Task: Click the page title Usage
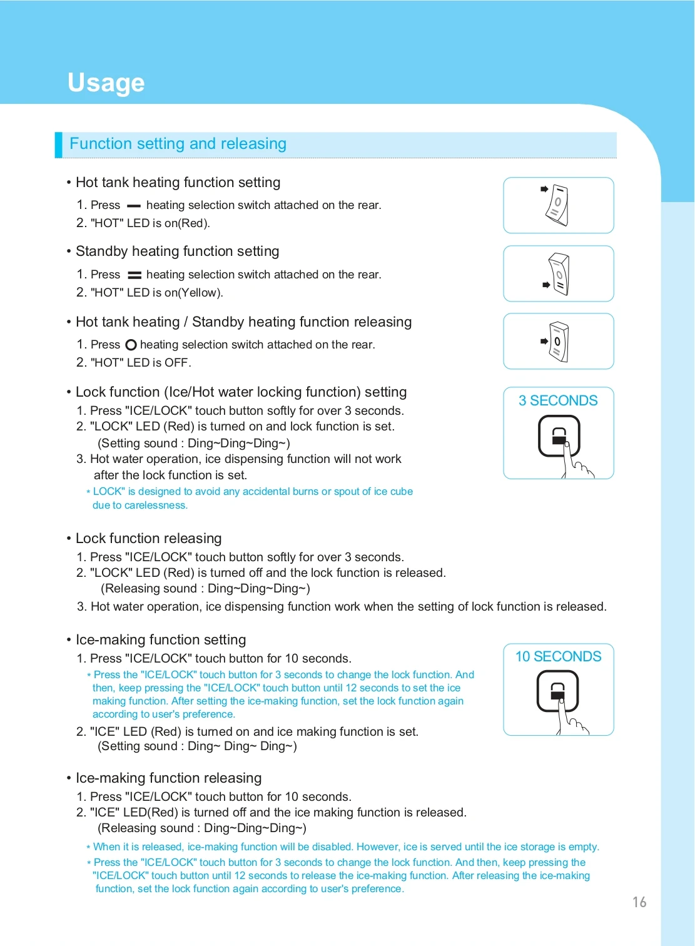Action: (x=106, y=83)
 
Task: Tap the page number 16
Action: (x=639, y=902)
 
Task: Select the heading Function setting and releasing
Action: (x=178, y=144)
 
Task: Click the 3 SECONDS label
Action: (x=558, y=400)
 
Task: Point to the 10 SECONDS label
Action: (x=558, y=656)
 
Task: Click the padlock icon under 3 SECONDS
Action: (x=559, y=436)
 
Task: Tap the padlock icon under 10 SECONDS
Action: (x=557, y=691)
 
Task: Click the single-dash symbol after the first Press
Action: (x=133, y=206)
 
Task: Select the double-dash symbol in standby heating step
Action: (x=134, y=275)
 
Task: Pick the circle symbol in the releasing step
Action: (x=131, y=345)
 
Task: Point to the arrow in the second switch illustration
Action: (x=545, y=285)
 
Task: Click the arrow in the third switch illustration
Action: (x=544, y=341)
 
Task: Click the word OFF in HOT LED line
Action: (x=176, y=363)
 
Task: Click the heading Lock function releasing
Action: (x=149, y=539)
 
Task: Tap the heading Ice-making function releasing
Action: (x=169, y=778)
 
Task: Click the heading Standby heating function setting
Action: (x=178, y=252)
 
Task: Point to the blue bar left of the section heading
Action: (x=59, y=145)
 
